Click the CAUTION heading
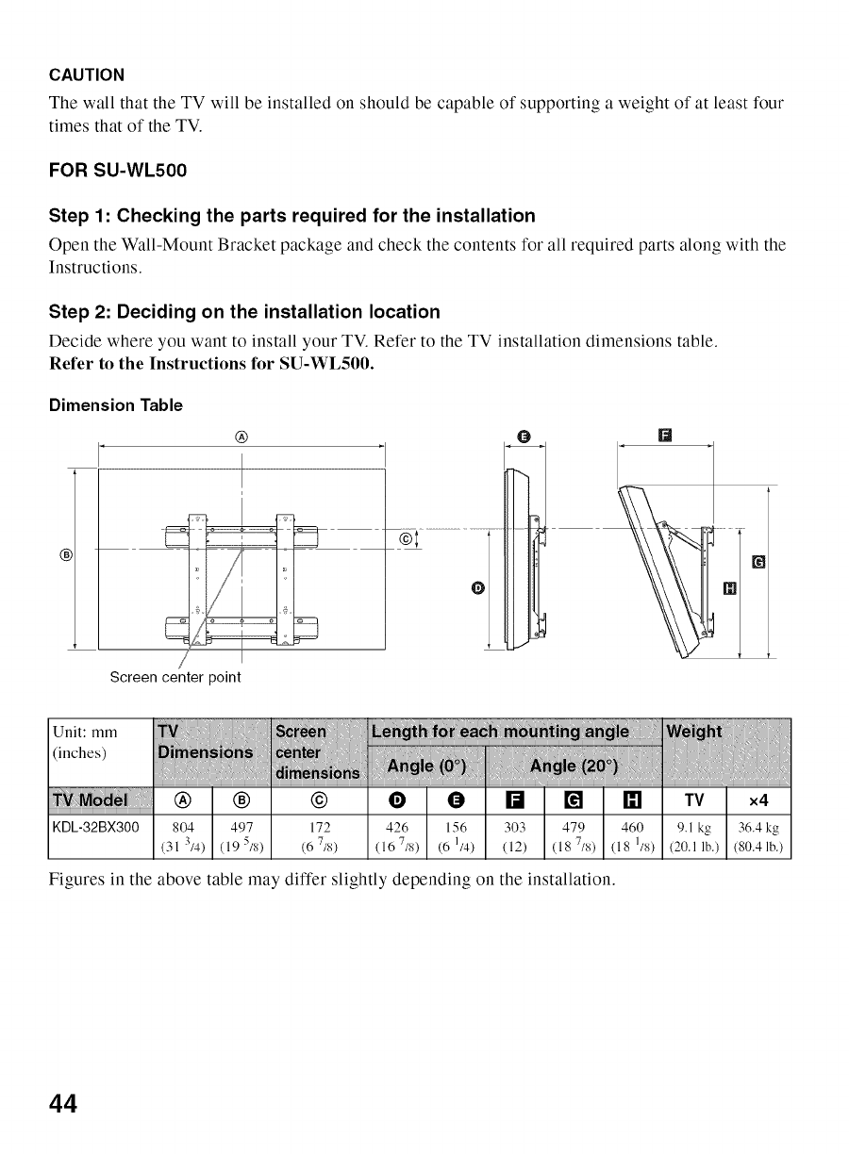(86, 74)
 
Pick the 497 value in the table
(241, 827)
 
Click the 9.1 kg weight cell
(693, 827)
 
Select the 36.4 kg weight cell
(757, 827)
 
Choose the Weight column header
(694, 732)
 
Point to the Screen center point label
(175, 677)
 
